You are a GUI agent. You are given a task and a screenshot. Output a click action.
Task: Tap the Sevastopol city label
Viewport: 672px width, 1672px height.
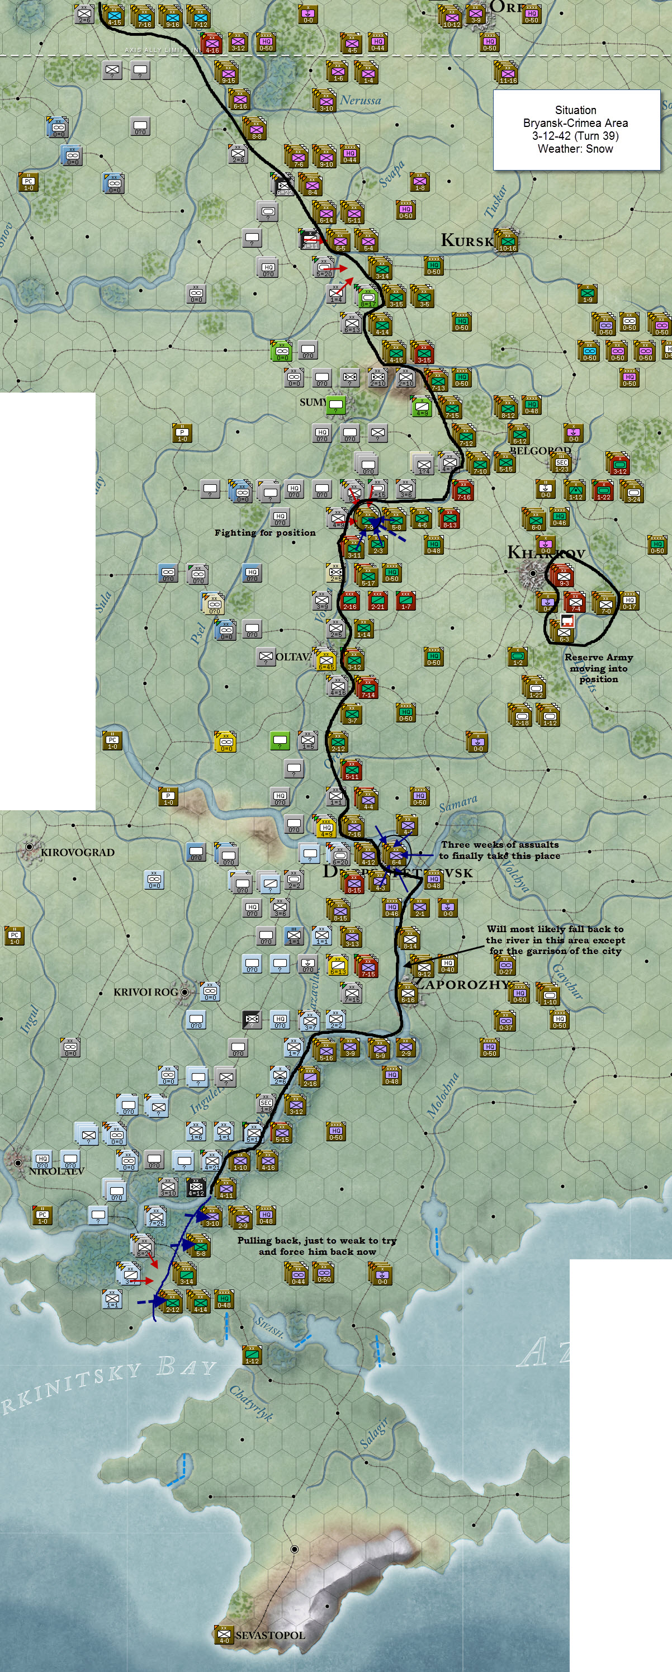click(269, 1635)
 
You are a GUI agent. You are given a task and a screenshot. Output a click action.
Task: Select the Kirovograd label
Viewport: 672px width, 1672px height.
click(77, 852)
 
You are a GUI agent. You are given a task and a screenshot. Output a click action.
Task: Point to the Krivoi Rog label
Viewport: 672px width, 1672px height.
click(145, 992)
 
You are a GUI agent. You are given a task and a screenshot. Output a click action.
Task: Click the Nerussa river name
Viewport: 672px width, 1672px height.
click(360, 100)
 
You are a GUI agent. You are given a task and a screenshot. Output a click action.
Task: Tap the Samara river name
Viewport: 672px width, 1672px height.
click(458, 804)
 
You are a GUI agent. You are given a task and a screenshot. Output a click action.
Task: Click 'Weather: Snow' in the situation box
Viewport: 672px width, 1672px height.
click(575, 149)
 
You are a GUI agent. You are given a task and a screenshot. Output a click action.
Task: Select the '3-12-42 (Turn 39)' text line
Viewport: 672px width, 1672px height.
click(575, 136)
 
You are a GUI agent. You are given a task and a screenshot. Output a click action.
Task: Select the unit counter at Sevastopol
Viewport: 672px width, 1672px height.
click(224, 1635)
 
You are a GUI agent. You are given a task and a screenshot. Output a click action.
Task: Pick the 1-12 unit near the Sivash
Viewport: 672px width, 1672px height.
click(252, 1355)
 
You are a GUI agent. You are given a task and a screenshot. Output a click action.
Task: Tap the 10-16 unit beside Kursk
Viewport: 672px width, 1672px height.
click(507, 242)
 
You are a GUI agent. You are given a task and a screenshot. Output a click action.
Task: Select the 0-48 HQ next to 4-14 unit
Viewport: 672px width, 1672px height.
click(224, 1300)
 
